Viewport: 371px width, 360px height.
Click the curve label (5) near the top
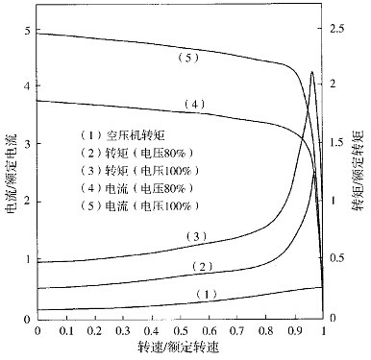(x=188, y=58)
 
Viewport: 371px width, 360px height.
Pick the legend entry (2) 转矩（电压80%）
(x=137, y=153)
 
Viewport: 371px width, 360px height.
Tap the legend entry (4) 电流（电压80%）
(x=137, y=188)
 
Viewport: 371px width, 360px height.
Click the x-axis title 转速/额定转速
(x=181, y=349)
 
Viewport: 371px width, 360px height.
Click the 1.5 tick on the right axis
(x=339, y=144)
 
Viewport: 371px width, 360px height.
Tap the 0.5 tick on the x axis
(x=181, y=331)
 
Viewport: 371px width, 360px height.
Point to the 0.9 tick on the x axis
(x=295, y=331)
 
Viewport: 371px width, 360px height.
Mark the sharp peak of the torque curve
(x=311, y=72)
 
